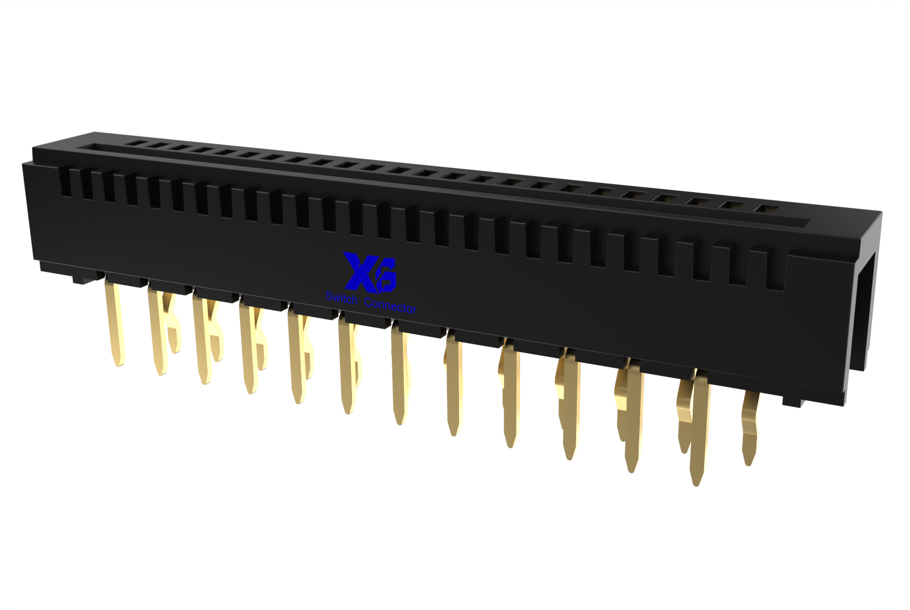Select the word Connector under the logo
390,305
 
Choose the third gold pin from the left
203,341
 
